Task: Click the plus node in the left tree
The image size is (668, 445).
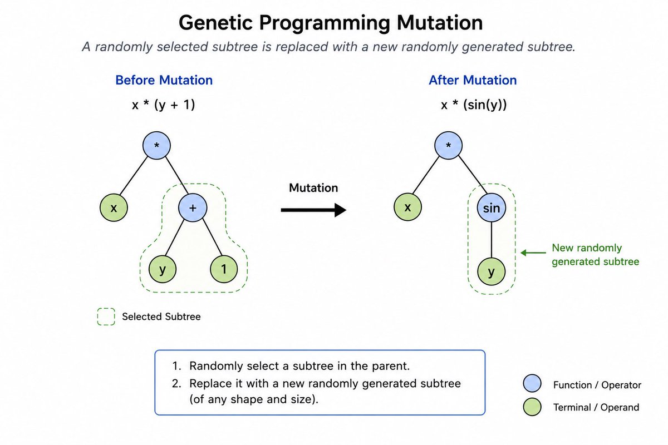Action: click(x=193, y=207)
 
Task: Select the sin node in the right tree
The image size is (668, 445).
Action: click(x=491, y=207)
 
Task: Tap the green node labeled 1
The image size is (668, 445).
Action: click(x=224, y=269)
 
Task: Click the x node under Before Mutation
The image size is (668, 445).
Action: click(x=114, y=207)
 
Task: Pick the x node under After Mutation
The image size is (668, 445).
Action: click(x=407, y=207)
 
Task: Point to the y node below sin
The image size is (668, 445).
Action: click(x=491, y=271)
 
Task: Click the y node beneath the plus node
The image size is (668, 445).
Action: click(x=163, y=269)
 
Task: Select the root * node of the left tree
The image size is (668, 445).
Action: click(x=156, y=145)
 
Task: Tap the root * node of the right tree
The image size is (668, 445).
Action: click(x=448, y=145)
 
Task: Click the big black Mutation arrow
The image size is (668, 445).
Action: click(x=313, y=210)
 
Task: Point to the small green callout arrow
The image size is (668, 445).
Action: click(x=533, y=253)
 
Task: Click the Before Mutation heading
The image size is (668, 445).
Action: click(x=164, y=80)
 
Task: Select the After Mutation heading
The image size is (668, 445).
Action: click(x=473, y=80)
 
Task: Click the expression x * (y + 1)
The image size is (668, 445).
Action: click(x=164, y=105)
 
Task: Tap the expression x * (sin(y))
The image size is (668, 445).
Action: click(x=474, y=105)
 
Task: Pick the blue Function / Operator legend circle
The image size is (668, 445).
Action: click(x=532, y=383)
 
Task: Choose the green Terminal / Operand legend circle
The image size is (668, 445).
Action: click(x=532, y=407)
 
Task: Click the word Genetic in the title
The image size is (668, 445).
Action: click(x=215, y=23)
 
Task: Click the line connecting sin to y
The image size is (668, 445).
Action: click(x=491, y=240)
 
